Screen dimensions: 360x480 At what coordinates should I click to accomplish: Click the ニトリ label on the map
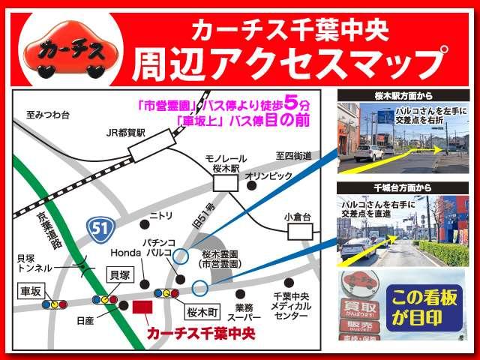pyautogui.click(x=161, y=214)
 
